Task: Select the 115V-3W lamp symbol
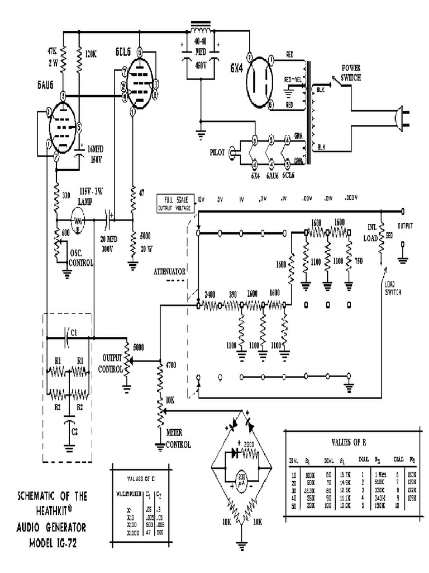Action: [x=80, y=220]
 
